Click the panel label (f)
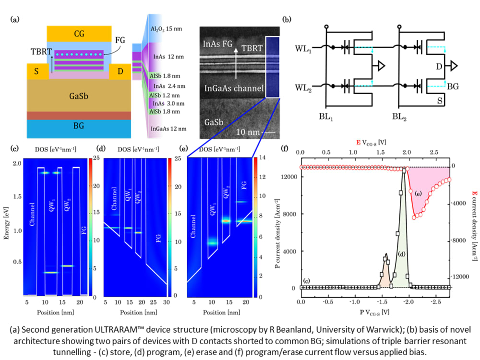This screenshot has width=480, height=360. pyautogui.click(x=284, y=149)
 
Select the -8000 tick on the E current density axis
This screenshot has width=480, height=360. pyautogui.click(x=464, y=240)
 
